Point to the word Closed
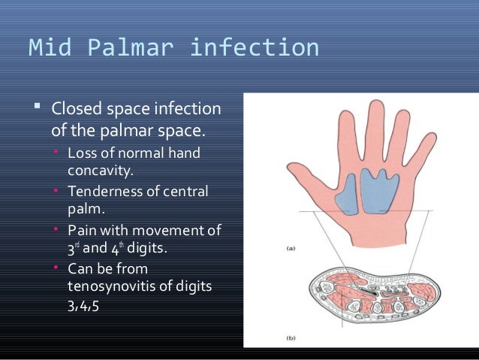click(x=76, y=110)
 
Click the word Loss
click(x=81, y=153)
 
